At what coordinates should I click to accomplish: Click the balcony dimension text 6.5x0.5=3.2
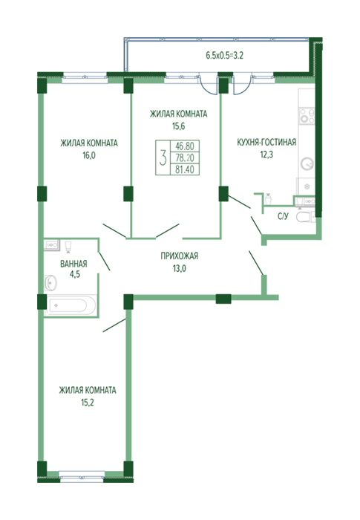tap(224, 56)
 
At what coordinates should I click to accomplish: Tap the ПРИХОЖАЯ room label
tap(180, 256)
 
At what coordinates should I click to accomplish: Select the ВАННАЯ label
tap(73, 264)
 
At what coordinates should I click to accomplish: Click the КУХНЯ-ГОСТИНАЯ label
tap(266, 143)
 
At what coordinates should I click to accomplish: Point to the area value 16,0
tap(89, 155)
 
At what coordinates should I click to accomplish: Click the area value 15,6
tap(178, 126)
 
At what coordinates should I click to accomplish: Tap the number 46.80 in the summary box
tap(185, 146)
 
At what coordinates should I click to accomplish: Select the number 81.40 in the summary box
tap(185, 169)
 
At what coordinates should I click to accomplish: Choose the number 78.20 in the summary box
tap(185, 157)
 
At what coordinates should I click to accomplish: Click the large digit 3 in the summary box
tap(163, 157)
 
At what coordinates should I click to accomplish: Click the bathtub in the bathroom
tap(68, 305)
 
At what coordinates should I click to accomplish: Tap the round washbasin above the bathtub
tap(50, 283)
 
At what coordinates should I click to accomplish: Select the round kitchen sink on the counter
tap(307, 164)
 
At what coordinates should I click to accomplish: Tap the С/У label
tap(283, 217)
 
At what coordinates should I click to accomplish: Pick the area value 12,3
tap(266, 155)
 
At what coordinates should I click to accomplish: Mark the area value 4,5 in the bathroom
tap(74, 274)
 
